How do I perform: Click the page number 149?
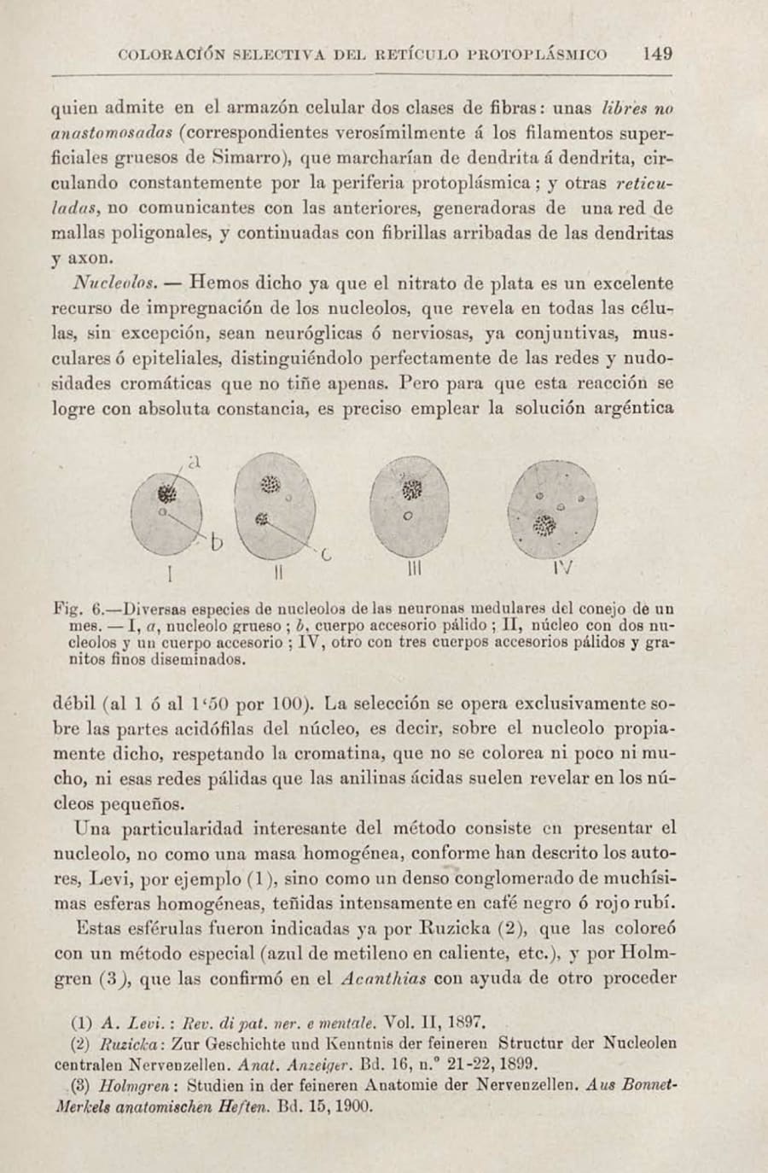coord(657,54)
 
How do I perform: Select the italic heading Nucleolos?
coord(113,283)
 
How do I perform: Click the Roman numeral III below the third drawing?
coord(414,569)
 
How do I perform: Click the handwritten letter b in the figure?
coord(217,543)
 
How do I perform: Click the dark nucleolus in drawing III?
coord(413,489)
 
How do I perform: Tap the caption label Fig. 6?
coord(79,610)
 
